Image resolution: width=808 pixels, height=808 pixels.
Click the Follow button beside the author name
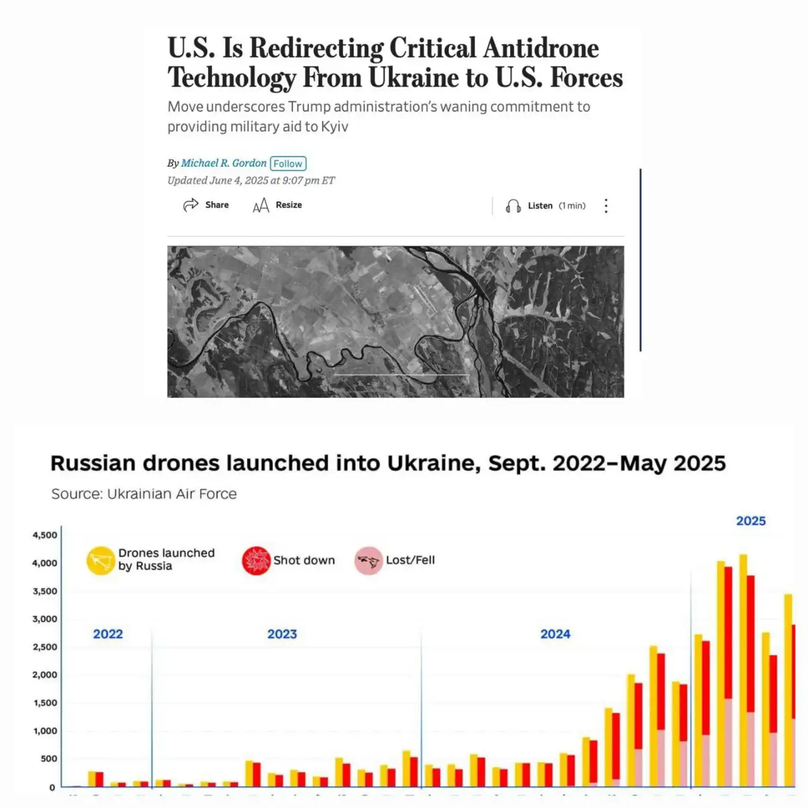[288, 164]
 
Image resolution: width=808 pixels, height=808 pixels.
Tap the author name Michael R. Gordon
[223, 163]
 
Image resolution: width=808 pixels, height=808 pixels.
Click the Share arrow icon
[190, 205]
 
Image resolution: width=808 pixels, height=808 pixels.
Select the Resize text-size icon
[261, 205]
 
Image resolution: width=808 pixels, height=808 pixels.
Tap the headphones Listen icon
[513, 206]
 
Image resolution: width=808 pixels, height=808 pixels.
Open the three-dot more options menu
[606, 206]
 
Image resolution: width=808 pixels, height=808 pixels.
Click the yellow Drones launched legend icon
[101, 560]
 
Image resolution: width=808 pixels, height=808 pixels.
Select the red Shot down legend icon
[256, 560]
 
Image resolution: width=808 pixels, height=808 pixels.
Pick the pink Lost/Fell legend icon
[368, 560]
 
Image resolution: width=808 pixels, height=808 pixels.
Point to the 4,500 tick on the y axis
[45, 535]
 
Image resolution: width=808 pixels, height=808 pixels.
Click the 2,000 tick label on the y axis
[45, 675]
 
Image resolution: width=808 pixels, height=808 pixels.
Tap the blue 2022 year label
[108, 634]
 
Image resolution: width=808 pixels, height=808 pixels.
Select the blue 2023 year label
[282, 634]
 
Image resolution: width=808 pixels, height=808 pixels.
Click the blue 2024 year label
[555, 634]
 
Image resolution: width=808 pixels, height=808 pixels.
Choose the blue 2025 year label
[750, 521]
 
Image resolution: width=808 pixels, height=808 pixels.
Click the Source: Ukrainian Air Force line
[144, 494]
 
